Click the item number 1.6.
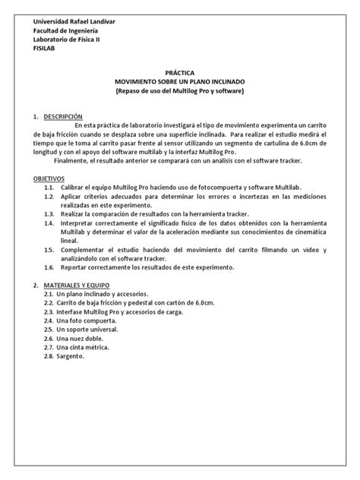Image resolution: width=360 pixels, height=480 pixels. [x=50, y=267]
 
